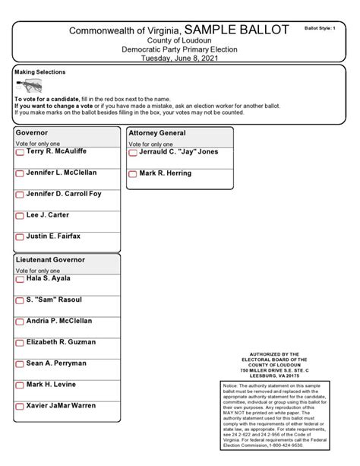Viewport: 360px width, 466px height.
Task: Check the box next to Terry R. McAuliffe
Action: (20, 153)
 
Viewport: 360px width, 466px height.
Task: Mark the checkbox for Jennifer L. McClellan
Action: (20, 174)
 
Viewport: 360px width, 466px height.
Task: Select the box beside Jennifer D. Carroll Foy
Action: (20, 195)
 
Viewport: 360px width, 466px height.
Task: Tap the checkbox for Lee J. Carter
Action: (20, 217)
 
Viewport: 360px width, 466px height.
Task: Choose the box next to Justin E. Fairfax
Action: (20, 238)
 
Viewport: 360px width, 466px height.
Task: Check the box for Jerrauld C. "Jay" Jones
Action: (133, 153)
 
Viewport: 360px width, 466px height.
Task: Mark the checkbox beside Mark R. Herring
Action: (133, 175)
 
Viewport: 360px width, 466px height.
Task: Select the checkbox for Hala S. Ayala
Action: (20, 281)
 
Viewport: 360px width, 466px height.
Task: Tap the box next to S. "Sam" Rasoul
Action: (20, 302)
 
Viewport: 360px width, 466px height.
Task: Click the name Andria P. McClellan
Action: (59, 321)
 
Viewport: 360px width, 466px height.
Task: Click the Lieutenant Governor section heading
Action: (50, 260)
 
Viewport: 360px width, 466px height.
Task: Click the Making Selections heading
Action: (39, 71)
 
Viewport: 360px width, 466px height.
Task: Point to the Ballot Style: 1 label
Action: (320, 27)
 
